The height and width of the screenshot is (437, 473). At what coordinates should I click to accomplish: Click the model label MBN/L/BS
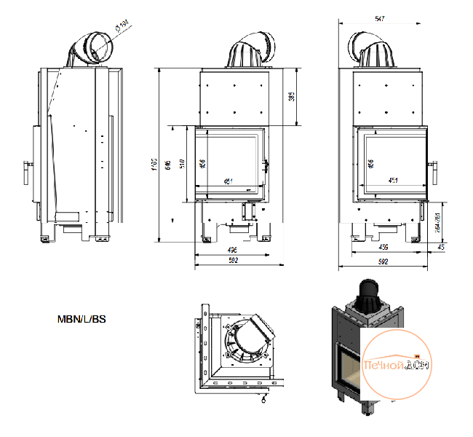tap(82, 319)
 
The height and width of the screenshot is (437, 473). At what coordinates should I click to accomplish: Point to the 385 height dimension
tap(290, 97)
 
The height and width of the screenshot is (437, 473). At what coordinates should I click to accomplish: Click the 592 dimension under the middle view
tap(233, 260)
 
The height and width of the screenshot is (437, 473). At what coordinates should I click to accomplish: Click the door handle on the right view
tap(435, 170)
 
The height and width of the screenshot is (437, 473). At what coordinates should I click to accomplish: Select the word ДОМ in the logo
tap(416, 363)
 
